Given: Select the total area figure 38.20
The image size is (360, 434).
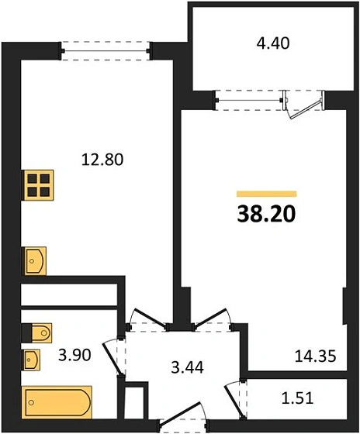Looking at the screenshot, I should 267,214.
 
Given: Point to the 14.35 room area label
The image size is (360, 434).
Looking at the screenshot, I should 316,358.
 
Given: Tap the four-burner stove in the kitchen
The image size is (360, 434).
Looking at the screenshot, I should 38,185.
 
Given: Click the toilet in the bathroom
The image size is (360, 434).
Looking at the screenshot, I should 37,332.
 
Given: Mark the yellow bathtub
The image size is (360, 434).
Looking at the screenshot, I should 57,402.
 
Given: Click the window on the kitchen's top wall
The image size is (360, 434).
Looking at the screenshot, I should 105,51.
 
